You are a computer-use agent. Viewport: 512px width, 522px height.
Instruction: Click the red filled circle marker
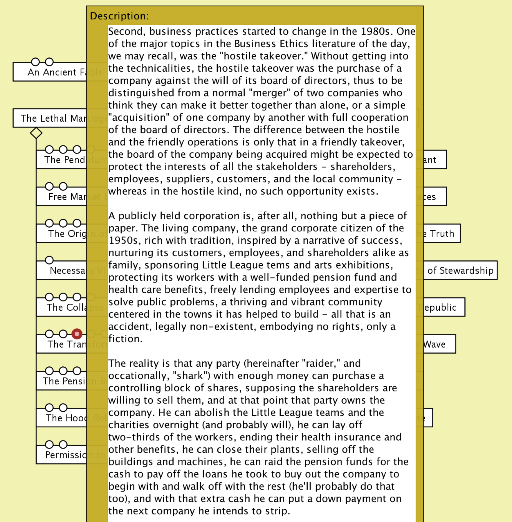(77, 334)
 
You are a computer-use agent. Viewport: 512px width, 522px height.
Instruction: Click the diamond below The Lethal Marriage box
(36, 133)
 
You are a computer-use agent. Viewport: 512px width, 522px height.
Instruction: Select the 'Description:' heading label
(119, 16)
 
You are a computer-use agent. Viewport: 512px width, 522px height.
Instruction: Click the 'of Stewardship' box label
(460, 270)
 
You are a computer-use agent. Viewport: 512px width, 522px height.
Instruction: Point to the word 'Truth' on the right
(442, 233)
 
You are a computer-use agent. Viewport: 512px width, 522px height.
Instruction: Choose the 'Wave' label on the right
(435, 344)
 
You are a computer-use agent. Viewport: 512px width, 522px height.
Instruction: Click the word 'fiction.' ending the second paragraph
(125, 339)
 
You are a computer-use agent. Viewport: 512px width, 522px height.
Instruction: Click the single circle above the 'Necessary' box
(49, 260)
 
